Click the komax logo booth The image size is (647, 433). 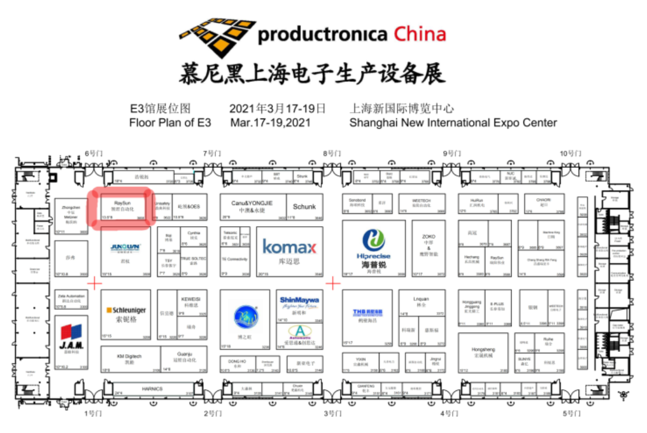click(289, 247)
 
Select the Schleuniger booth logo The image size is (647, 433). click(126, 310)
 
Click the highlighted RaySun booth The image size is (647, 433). click(123, 206)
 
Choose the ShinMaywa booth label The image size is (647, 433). click(299, 300)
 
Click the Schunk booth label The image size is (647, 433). click(304, 207)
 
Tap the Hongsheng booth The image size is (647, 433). click(482, 350)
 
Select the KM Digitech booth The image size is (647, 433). click(130, 356)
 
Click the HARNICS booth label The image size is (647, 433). click(152, 389)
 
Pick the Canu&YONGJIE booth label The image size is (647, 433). click(252, 203)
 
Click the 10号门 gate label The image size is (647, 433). click(571, 153)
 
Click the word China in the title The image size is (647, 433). click(420, 34)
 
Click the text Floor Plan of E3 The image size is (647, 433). click(170, 123)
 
